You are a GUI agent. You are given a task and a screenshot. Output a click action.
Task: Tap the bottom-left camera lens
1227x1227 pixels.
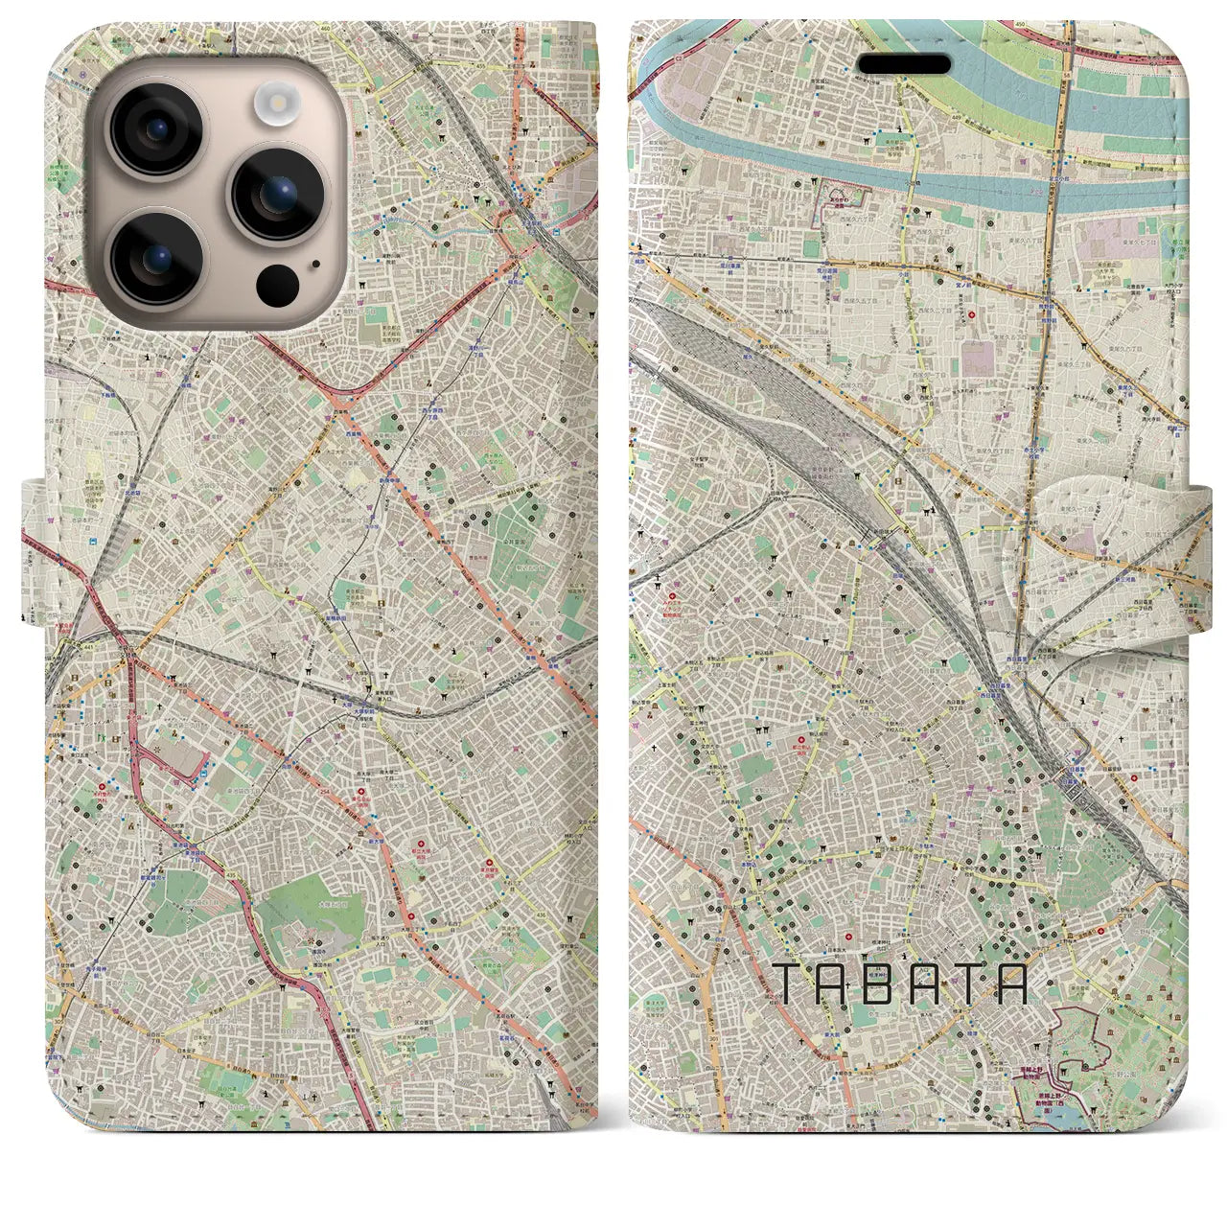[155, 256]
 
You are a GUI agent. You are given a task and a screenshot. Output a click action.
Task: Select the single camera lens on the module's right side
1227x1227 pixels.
[278, 193]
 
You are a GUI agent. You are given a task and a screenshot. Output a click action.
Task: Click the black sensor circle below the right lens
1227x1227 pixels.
[278, 284]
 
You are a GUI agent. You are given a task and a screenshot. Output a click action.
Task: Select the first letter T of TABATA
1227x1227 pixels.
[783, 984]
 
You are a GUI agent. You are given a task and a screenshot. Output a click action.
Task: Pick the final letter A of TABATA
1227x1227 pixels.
[1014, 984]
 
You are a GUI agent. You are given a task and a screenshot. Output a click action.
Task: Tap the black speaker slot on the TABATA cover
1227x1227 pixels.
[903, 64]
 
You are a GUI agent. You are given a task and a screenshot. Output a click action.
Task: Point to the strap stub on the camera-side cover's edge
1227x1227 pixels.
[33, 546]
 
